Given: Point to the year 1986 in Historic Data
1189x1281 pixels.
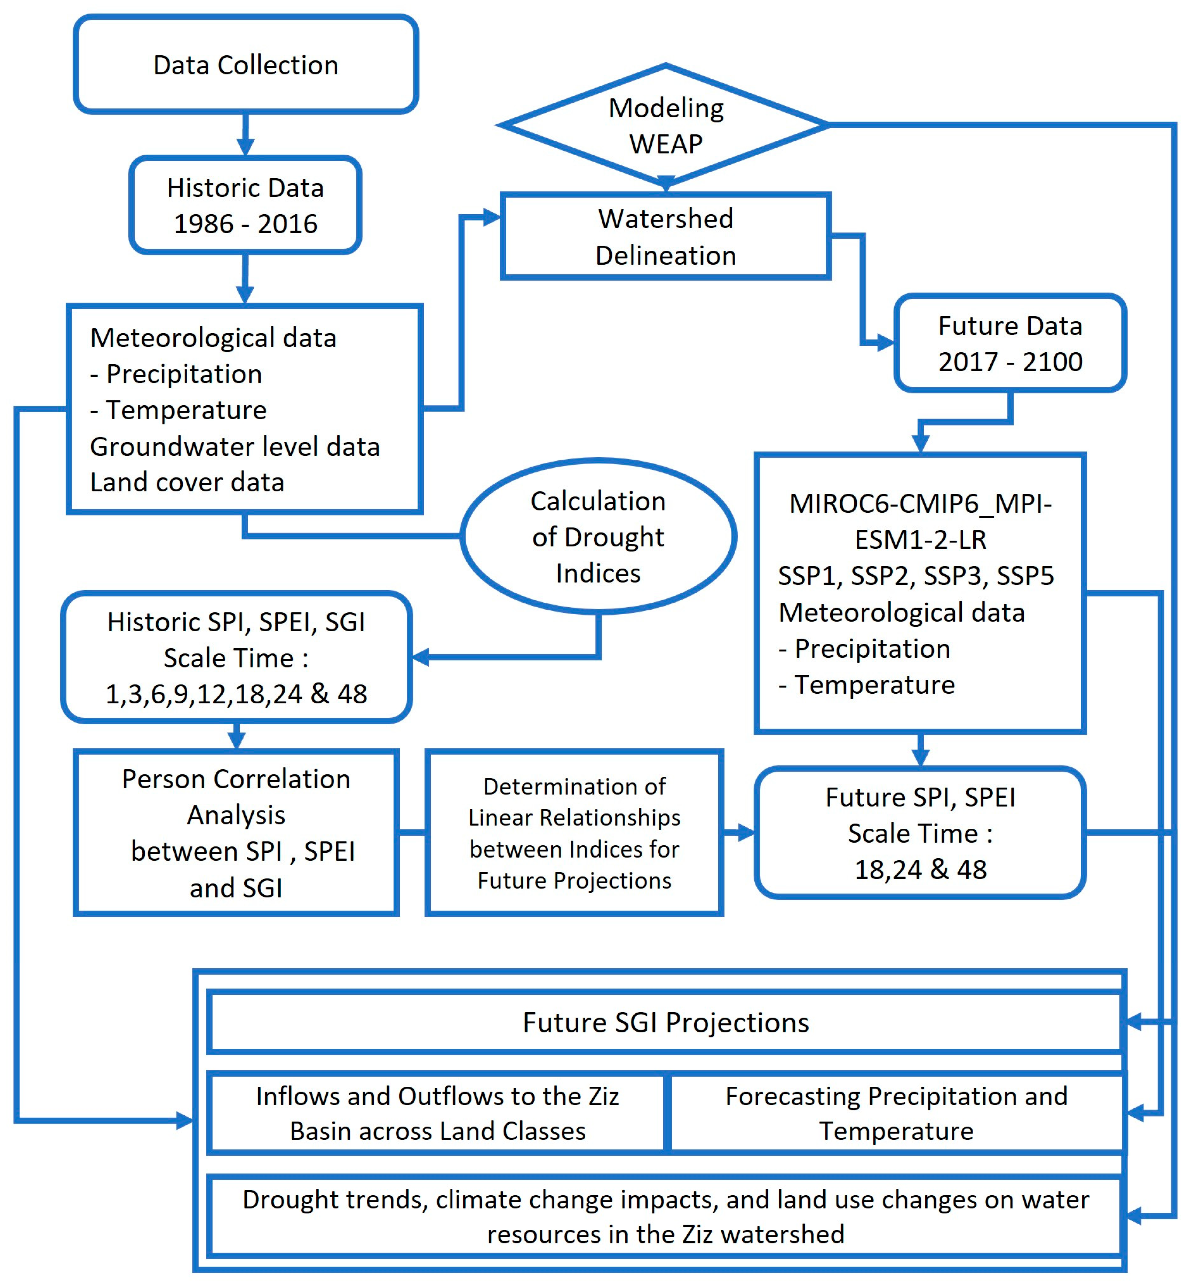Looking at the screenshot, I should point(203,224).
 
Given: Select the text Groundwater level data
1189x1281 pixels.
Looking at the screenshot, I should point(235,446).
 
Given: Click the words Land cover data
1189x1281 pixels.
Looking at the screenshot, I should point(187,482).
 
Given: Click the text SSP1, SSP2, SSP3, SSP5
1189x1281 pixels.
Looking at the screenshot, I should point(915,576).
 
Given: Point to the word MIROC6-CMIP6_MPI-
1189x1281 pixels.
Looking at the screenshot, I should point(920,503).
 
